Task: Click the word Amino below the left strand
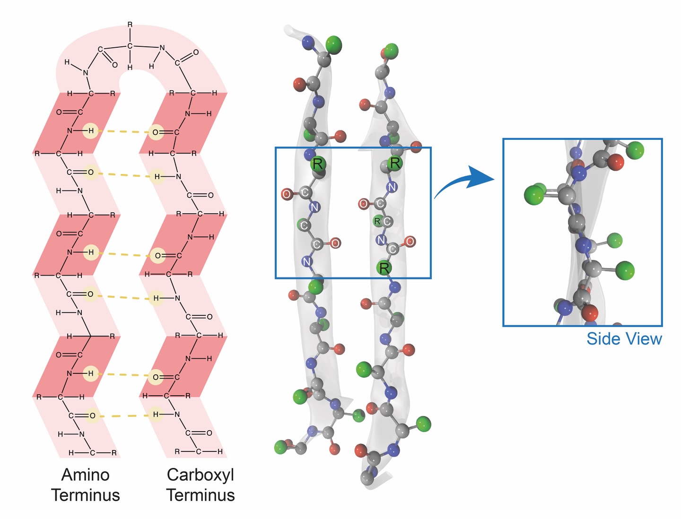[x=85, y=475]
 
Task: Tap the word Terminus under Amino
[x=86, y=495]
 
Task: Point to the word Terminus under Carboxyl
[x=201, y=495]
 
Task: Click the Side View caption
[x=624, y=338]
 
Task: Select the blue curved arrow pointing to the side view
[x=462, y=182]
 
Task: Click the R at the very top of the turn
[x=130, y=24]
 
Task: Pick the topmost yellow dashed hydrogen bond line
[x=123, y=131]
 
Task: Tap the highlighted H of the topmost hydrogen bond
[x=91, y=131]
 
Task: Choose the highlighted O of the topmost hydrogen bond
[x=156, y=132]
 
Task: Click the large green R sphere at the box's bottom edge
[x=384, y=268]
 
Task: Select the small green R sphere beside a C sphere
[x=377, y=221]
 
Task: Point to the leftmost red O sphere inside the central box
[x=287, y=194]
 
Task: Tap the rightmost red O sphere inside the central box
[x=410, y=241]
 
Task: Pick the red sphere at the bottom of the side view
[x=589, y=312]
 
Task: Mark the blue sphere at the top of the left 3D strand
[x=307, y=42]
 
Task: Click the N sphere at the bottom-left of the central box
[x=306, y=262]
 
